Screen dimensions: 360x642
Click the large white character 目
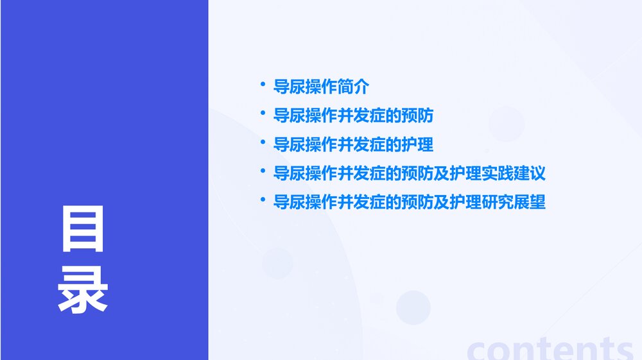pos(82,229)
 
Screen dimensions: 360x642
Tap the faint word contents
pos(550,349)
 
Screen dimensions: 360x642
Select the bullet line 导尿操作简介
pos(321,87)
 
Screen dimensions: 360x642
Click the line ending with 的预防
pos(353,116)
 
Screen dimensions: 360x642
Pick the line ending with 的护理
pos(353,144)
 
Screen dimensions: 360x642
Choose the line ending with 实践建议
pos(409,173)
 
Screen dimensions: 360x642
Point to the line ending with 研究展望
pos(409,202)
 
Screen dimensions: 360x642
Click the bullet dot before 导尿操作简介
pos(263,84)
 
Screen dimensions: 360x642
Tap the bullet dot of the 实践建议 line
pos(263,171)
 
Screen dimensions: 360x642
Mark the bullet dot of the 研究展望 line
pos(263,200)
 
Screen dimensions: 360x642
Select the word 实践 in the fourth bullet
pos(498,173)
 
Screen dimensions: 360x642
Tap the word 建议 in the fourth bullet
pos(530,173)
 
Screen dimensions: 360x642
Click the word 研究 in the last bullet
pos(498,202)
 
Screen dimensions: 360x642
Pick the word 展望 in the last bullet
pos(530,202)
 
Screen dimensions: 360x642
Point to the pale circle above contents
pos(413,307)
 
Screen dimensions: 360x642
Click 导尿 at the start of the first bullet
pos(289,87)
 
